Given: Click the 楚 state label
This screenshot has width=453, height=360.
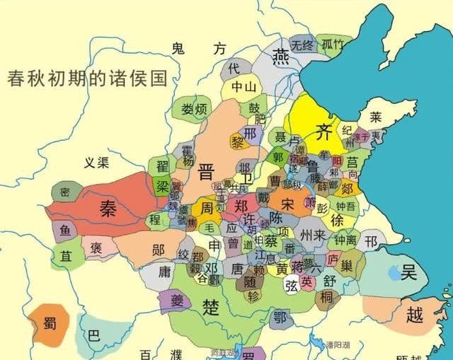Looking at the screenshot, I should click(x=211, y=306).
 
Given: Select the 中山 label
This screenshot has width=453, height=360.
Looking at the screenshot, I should click(x=241, y=88).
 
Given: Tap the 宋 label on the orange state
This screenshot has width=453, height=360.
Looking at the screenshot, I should click(x=287, y=202).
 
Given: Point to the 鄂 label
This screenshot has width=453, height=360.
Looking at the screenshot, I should click(x=281, y=316).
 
